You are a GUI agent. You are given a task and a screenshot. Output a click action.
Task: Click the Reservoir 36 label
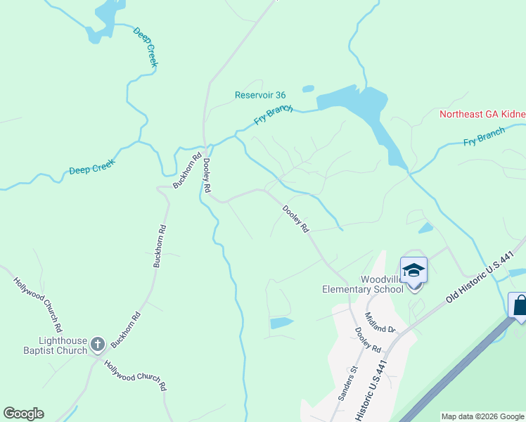(x=260, y=95)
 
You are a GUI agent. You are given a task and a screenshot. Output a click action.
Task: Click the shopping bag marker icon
(x=519, y=306)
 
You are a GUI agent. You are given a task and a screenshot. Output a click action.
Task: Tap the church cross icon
(x=97, y=344)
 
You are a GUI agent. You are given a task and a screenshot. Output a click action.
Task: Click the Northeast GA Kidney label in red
(x=482, y=114)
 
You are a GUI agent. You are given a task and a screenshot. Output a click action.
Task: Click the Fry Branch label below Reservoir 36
(x=273, y=115)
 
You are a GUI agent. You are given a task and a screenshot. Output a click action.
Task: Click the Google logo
(x=23, y=414)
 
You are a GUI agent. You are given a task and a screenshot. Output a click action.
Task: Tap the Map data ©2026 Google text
(x=482, y=416)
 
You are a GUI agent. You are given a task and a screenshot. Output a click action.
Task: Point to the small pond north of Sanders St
(x=281, y=323)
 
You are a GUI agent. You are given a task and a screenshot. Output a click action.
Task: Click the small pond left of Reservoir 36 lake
(x=307, y=89)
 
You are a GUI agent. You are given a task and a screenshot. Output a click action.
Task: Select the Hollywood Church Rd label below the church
(x=135, y=376)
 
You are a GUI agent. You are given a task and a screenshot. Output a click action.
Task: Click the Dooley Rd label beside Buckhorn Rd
(x=207, y=175)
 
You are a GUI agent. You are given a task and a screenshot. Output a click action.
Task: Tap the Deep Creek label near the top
(x=146, y=48)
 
